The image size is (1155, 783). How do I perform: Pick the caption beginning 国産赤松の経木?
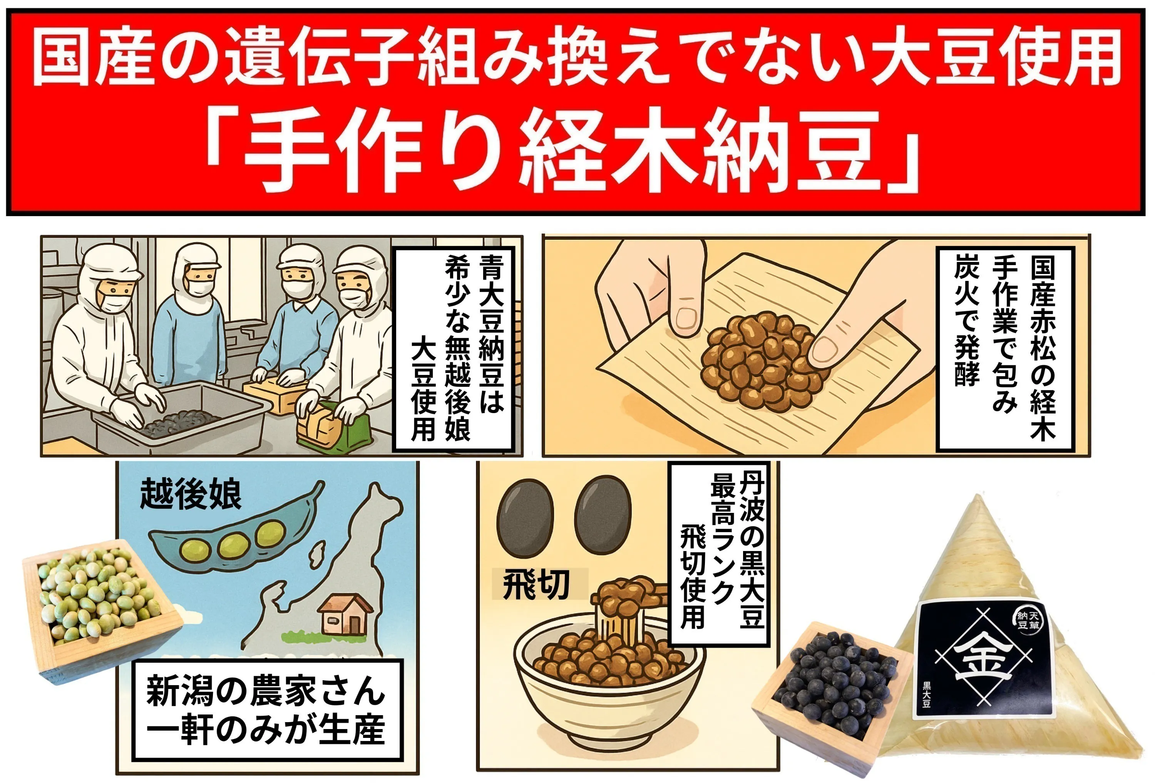coord(1005,348)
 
